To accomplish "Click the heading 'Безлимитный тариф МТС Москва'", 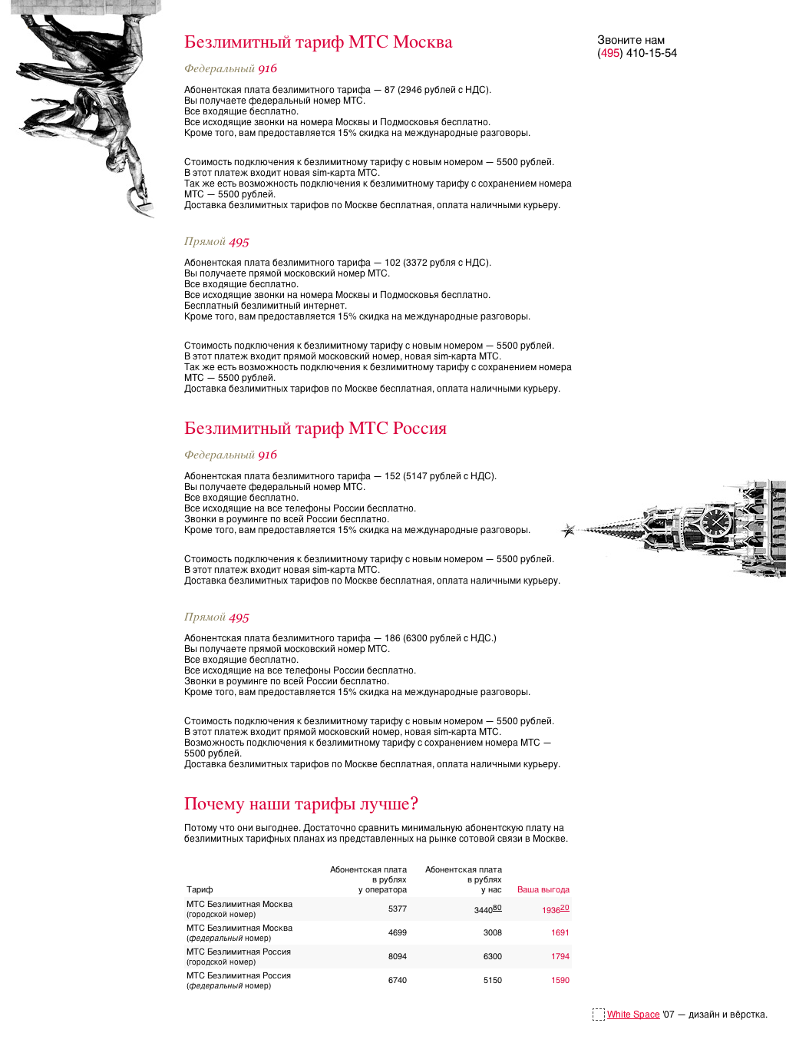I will tap(318, 42).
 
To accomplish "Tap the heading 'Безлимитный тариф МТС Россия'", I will tap(315, 429).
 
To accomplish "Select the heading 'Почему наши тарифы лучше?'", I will tap(301, 804).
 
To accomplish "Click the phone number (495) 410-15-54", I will tap(637, 53).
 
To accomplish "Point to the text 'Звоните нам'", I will tap(631, 40).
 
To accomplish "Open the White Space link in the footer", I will tap(633, 1015).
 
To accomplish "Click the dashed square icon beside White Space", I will tap(599, 1015).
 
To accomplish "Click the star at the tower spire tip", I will tap(569, 529).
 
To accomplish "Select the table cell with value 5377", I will tap(397, 909).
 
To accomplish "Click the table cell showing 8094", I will tap(397, 957).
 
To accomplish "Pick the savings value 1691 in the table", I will tap(560, 933).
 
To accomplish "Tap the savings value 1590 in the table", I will tap(560, 981).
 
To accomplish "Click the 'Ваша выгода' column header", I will tap(543, 890).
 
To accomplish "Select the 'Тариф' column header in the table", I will tap(200, 890).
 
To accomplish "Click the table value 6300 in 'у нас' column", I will tap(492, 957).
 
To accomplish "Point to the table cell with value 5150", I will tap(492, 981).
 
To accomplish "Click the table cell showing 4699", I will tap(397, 933).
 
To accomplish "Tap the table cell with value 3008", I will tap(492, 933).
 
